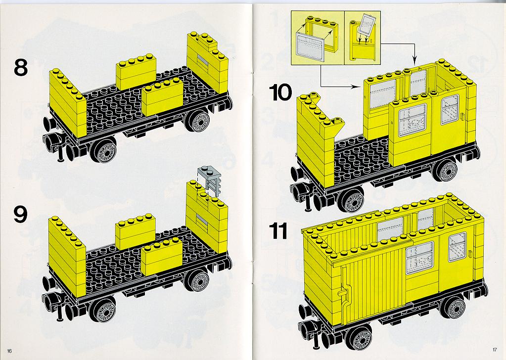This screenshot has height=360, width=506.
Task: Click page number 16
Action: click(9, 351)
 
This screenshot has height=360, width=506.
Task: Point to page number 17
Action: click(495, 349)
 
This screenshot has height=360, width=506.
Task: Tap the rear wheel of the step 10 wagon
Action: click(447, 171)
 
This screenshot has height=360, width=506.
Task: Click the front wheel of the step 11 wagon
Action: click(359, 337)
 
